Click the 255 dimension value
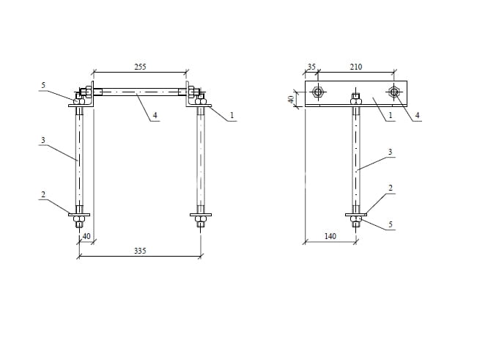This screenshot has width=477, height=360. (x=140, y=67)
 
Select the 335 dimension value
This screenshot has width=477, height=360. (x=140, y=251)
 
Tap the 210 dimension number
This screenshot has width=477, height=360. (x=356, y=67)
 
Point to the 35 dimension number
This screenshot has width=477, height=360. (x=312, y=67)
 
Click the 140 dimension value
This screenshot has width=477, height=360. (x=330, y=236)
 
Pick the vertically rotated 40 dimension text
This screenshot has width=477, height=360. (x=292, y=99)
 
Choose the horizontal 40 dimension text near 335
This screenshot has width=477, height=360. (x=86, y=236)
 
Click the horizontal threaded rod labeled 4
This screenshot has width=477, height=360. (x=140, y=92)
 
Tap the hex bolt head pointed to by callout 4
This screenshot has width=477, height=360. (x=394, y=92)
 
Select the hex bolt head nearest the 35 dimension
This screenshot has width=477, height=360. (x=318, y=92)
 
